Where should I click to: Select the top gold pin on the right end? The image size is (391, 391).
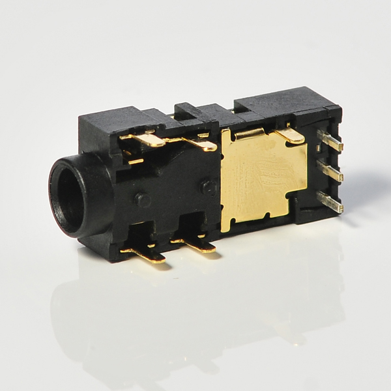pos(330,141)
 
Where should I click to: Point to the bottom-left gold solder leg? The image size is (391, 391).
pos(147,253)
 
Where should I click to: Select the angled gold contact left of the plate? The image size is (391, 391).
pos(199,144)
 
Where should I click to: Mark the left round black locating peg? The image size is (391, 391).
pos(143,199)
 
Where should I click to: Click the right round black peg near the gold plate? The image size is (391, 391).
pos(209,188)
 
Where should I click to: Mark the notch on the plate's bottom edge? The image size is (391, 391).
pos(267,216)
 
